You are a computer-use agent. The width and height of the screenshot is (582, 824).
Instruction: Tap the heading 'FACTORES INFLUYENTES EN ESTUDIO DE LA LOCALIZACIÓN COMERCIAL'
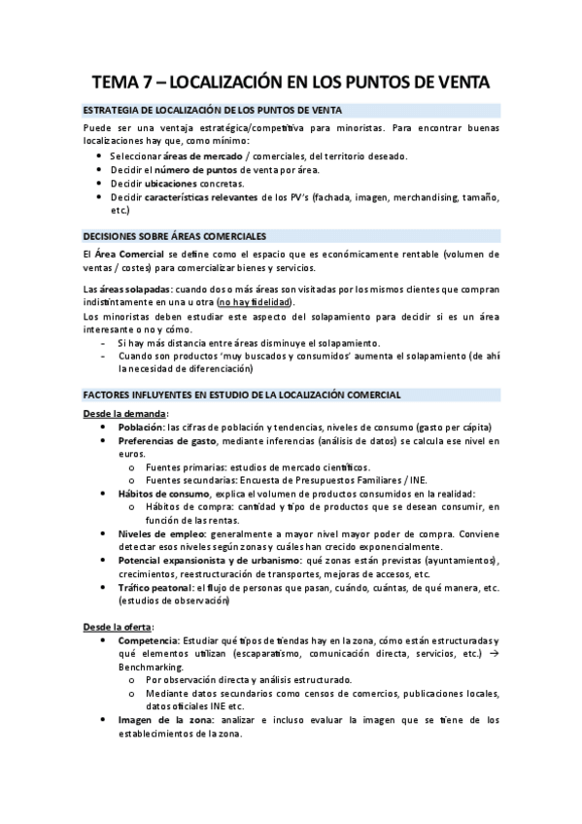tap(242, 395)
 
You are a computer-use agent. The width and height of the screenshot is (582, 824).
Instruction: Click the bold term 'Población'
tap(140, 428)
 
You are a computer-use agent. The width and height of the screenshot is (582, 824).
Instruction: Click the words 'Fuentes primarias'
tap(189, 467)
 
